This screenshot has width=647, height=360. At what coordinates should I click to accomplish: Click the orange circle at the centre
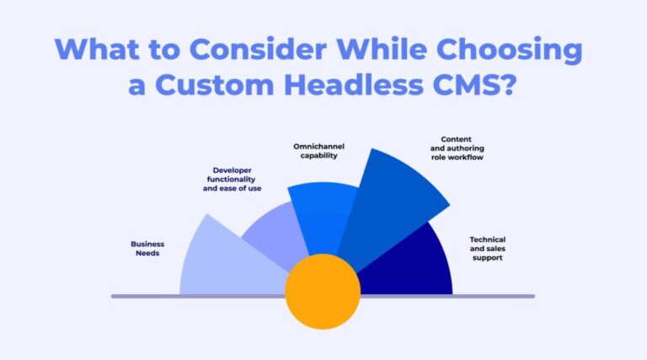(322, 291)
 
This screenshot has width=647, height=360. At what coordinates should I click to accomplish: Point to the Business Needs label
(147, 249)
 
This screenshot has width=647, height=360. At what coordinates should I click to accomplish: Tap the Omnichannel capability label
(318, 149)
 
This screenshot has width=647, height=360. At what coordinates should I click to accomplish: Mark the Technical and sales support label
(486, 248)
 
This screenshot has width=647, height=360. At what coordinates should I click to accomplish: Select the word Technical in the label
(487, 239)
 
